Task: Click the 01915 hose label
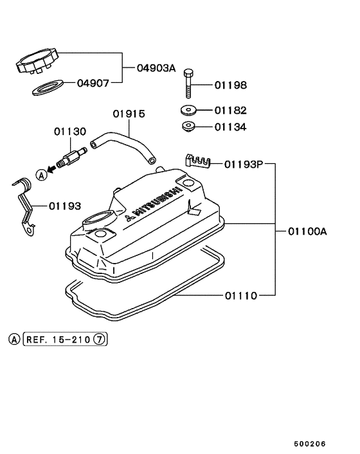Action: [x=129, y=114]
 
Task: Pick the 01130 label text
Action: [x=69, y=131]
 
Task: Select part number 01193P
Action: [x=244, y=164]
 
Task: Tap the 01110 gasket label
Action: [x=241, y=296]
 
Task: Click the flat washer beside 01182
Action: [x=189, y=110]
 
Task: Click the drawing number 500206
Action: [x=311, y=444]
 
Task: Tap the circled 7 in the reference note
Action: [x=98, y=338]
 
